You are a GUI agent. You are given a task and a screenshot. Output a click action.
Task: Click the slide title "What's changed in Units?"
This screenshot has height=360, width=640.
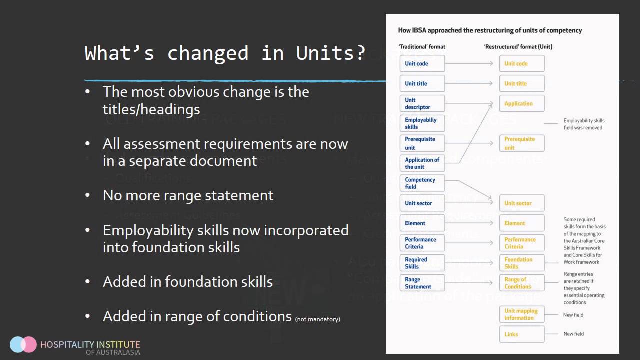[x=225, y=53]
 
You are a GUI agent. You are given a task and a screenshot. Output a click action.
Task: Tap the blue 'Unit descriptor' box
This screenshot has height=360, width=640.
[x=422, y=103]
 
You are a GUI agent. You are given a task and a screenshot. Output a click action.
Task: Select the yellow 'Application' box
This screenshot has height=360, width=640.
[x=521, y=103]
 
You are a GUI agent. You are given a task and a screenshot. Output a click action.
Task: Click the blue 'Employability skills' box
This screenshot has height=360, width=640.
[x=422, y=123]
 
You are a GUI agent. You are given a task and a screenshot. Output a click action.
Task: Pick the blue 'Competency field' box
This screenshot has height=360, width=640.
[x=422, y=183]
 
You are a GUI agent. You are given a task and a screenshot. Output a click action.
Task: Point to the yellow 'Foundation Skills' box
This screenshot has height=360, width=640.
[x=521, y=263]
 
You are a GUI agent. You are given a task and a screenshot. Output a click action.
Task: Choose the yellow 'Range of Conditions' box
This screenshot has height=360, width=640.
[x=521, y=283]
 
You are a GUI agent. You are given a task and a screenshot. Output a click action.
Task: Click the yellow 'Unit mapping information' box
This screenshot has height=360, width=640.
[x=521, y=314]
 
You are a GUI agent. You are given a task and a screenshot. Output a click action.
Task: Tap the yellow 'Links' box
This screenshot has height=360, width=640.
[x=521, y=334]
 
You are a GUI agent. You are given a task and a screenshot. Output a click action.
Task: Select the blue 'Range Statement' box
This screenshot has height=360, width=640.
[x=422, y=283]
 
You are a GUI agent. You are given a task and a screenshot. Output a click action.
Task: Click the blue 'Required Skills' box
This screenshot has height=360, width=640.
[x=422, y=263]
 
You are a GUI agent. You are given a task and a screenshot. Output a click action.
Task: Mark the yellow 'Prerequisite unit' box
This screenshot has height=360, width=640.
[x=521, y=143]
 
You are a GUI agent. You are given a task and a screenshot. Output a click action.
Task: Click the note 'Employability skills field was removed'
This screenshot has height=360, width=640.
[x=583, y=124]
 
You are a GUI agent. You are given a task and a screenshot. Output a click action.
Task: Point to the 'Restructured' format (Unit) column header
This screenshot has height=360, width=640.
[x=518, y=47]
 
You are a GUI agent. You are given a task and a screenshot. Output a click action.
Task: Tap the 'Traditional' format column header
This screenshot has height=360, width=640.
[x=421, y=47]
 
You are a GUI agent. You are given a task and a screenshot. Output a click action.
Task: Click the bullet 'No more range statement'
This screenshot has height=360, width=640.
[x=188, y=195]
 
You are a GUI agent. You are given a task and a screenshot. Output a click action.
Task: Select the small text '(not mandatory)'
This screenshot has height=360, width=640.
[x=317, y=319]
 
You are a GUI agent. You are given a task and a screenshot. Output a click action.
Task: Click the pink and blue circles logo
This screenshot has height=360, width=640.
[x=23, y=344]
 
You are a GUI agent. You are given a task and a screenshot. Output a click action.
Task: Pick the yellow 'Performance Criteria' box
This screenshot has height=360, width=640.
[x=521, y=243]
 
